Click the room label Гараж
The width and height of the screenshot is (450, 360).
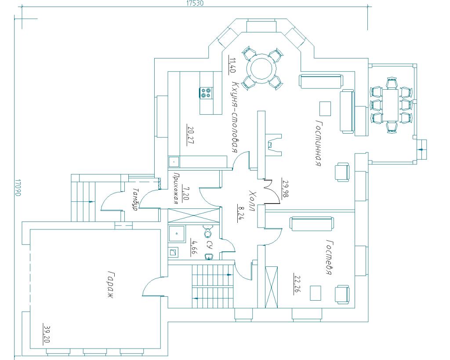[110, 284]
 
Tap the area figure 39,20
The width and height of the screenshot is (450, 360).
[47, 333]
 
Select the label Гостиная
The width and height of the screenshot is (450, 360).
[319, 143]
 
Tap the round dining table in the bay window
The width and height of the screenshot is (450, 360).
[261, 68]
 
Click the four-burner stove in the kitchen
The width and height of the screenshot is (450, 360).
[207, 92]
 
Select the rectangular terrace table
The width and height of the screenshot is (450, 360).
[391, 105]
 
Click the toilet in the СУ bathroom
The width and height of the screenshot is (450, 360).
[207, 231]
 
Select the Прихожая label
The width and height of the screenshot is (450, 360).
[176, 188]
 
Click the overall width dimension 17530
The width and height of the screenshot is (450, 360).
[195, 4]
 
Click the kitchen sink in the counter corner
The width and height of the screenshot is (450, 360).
[174, 162]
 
